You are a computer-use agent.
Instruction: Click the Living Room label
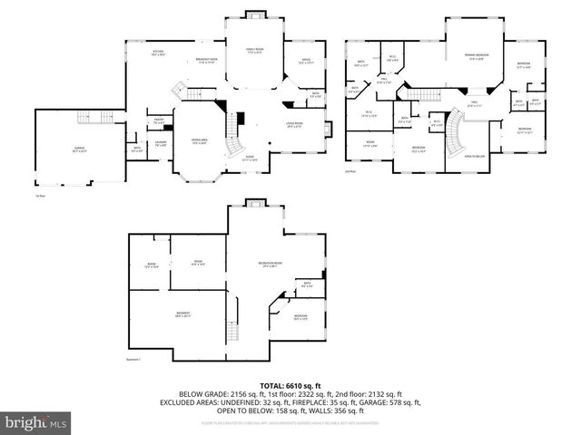[x=295, y=124]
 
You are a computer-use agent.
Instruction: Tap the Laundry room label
[x=160, y=143]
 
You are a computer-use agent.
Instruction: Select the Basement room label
[x=182, y=314]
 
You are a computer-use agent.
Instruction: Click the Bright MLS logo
[x=34, y=423]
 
